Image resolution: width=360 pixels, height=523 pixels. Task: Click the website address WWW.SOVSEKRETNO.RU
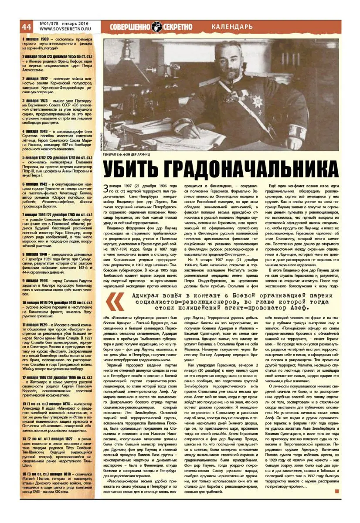point(64,29)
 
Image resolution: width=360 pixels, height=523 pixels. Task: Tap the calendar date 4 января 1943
point(37,131)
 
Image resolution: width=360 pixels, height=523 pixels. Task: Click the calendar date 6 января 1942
point(37,184)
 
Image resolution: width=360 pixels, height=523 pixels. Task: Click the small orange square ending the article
point(337,492)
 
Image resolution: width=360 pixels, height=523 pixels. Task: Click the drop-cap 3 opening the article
point(105,188)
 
